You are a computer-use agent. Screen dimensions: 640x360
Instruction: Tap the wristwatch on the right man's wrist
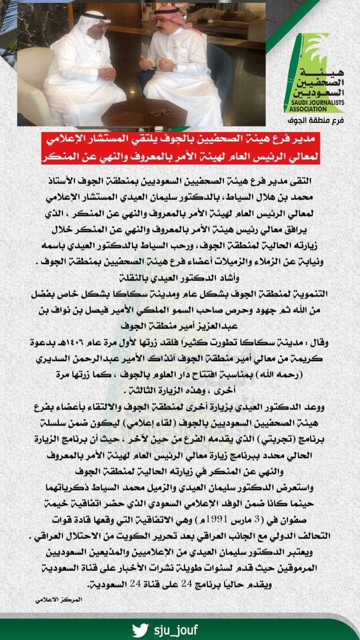click(174, 68)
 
